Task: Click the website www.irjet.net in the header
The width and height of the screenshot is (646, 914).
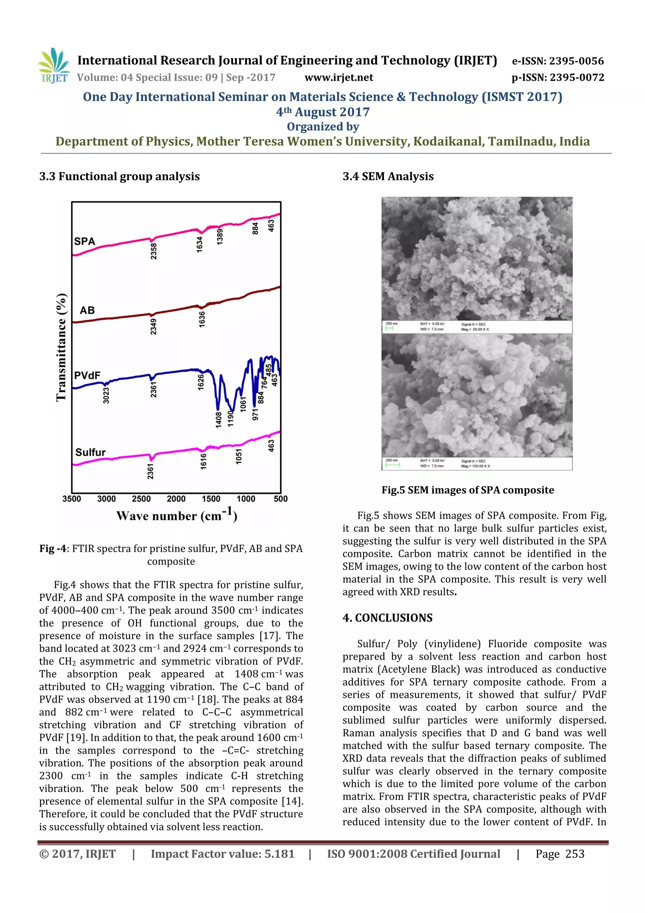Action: pos(339,77)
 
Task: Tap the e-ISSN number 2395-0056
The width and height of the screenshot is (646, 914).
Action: pos(576,61)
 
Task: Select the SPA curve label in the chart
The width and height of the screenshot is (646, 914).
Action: pos(85,241)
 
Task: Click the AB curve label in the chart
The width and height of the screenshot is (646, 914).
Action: pos(87,310)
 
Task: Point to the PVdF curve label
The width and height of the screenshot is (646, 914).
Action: pos(87,375)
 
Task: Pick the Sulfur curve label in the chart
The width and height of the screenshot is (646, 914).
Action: pos(90,452)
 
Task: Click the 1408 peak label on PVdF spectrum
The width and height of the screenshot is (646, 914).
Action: pos(219,420)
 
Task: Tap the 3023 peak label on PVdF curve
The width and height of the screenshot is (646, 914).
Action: pos(106,395)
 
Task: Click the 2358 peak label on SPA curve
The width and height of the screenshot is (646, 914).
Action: pos(154,251)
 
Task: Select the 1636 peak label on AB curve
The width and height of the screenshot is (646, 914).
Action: pos(202,319)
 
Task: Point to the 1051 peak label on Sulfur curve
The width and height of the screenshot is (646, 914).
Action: pos(239,456)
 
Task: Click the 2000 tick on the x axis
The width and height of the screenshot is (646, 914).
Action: pos(176,499)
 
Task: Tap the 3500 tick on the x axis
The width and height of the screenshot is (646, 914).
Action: pos(72,499)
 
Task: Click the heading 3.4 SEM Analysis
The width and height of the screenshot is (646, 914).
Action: pos(388,176)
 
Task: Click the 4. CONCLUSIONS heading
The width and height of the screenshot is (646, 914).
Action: pos(387,618)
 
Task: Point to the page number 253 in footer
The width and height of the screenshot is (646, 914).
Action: pos(575,854)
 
